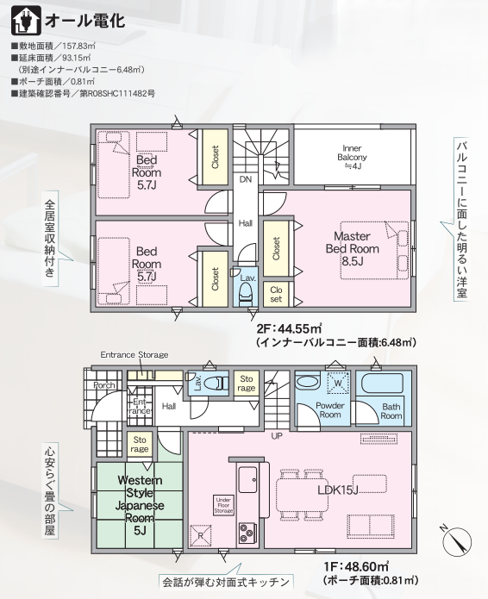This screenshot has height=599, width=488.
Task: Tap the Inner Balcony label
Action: click(352, 157)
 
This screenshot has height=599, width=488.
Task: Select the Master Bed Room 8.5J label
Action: click(353, 248)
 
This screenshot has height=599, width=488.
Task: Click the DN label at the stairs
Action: click(246, 178)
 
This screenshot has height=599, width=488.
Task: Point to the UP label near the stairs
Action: click(277, 435)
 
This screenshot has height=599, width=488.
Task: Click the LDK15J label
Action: click(338, 490)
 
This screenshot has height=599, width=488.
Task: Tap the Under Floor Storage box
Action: click(223, 505)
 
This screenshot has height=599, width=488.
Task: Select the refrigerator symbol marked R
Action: click(201, 535)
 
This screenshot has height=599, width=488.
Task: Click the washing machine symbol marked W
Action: click(338, 383)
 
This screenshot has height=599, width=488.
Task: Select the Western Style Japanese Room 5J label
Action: click(140, 505)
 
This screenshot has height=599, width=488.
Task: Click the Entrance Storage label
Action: click(135, 355)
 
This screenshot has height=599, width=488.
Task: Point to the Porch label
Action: click(104, 385)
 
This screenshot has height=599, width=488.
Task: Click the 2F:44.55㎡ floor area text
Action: click(289, 328)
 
